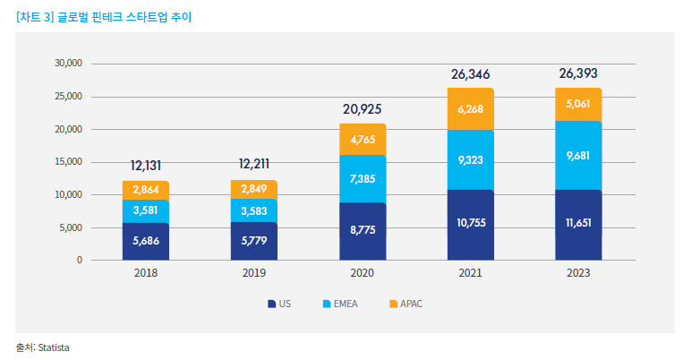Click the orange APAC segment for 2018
(x=146, y=190)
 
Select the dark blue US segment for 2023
(x=578, y=225)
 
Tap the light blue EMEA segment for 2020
(x=363, y=179)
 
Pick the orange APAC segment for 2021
(x=470, y=109)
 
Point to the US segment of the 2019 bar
(x=254, y=241)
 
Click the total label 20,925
(x=363, y=109)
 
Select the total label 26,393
(x=578, y=73)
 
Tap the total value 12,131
(x=146, y=166)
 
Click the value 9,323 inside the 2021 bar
(x=470, y=160)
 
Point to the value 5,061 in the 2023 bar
(x=578, y=104)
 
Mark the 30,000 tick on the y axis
(x=68, y=64)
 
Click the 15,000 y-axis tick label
(x=68, y=162)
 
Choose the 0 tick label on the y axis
(x=79, y=261)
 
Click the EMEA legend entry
(x=340, y=304)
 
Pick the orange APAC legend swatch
(x=393, y=304)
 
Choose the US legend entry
(x=279, y=304)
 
